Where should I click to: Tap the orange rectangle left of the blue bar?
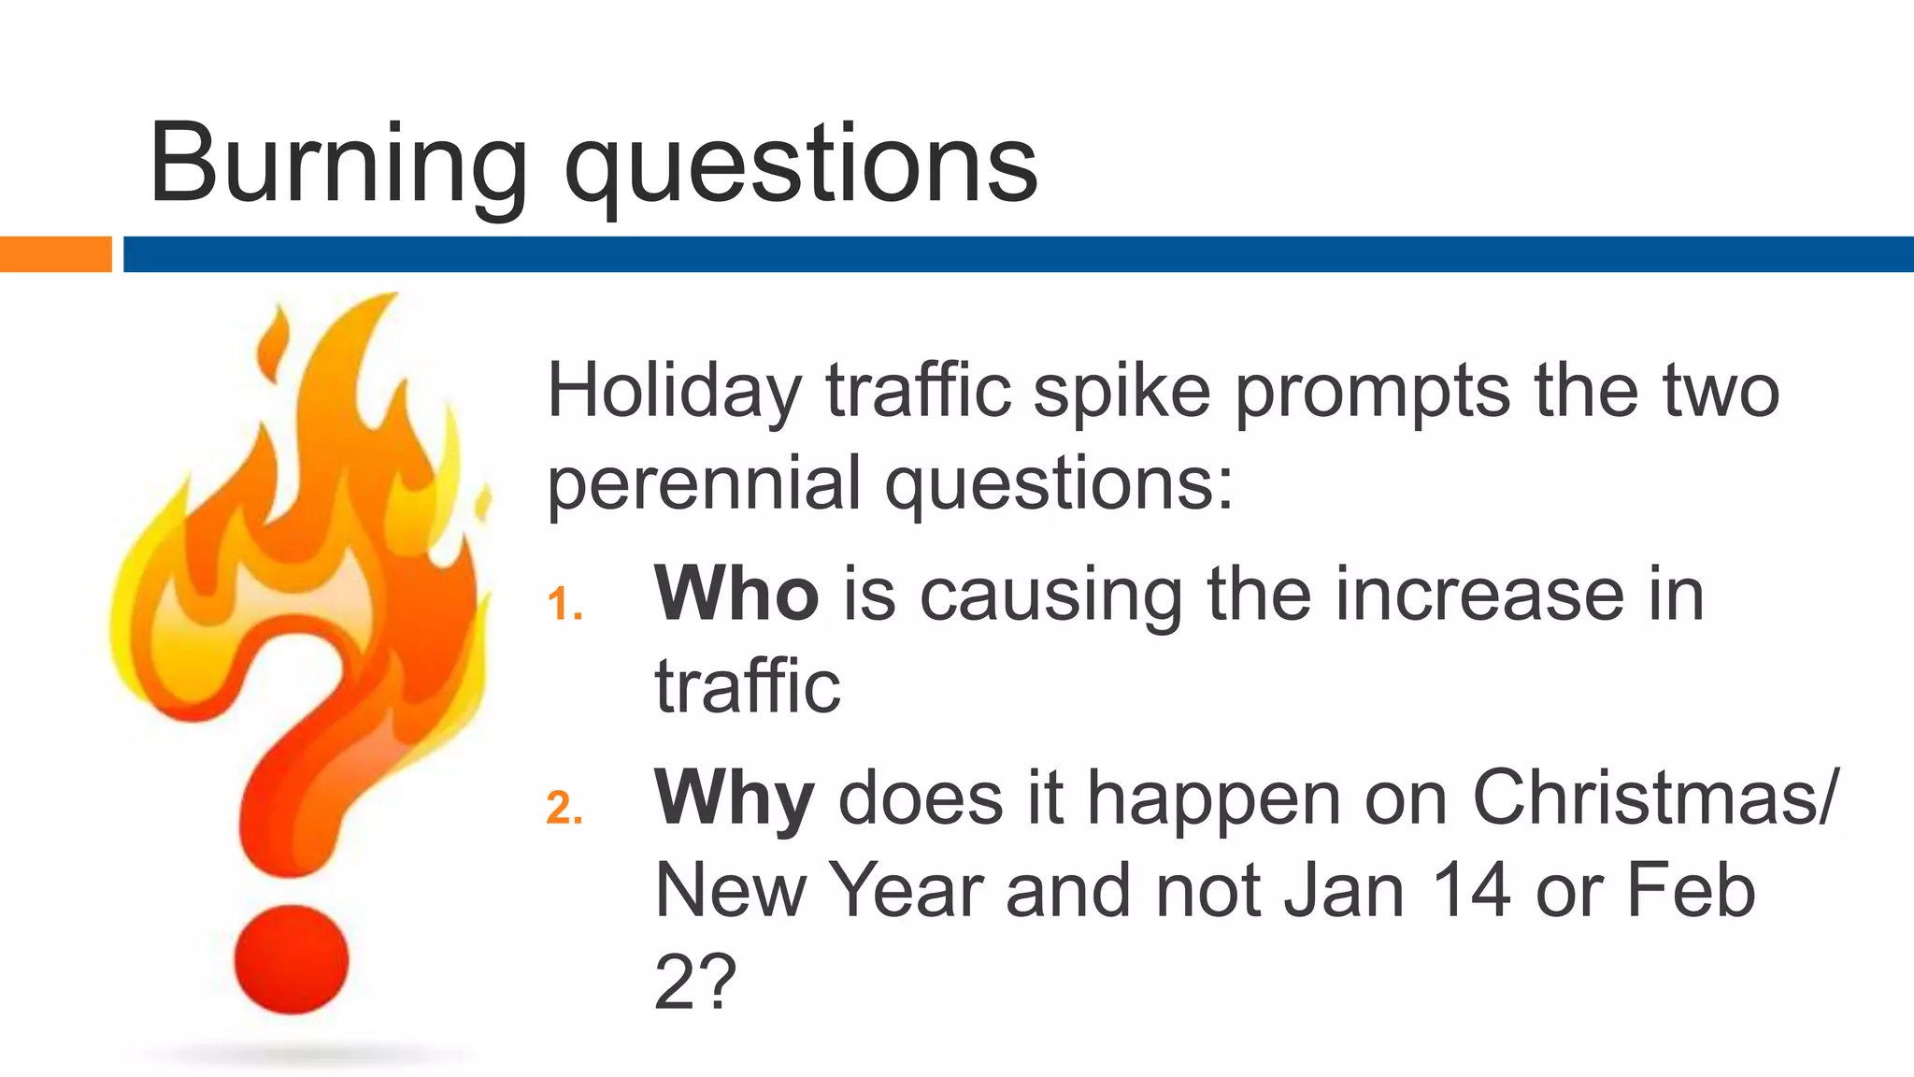click(55, 254)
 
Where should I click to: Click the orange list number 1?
click(564, 604)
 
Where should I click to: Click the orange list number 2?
click(564, 808)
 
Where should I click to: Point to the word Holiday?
click(674, 391)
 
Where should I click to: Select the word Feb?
click(1691, 890)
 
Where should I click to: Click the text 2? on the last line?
click(694, 982)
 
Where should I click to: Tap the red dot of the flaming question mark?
click(291, 959)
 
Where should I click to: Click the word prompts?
click(1371, 391)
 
